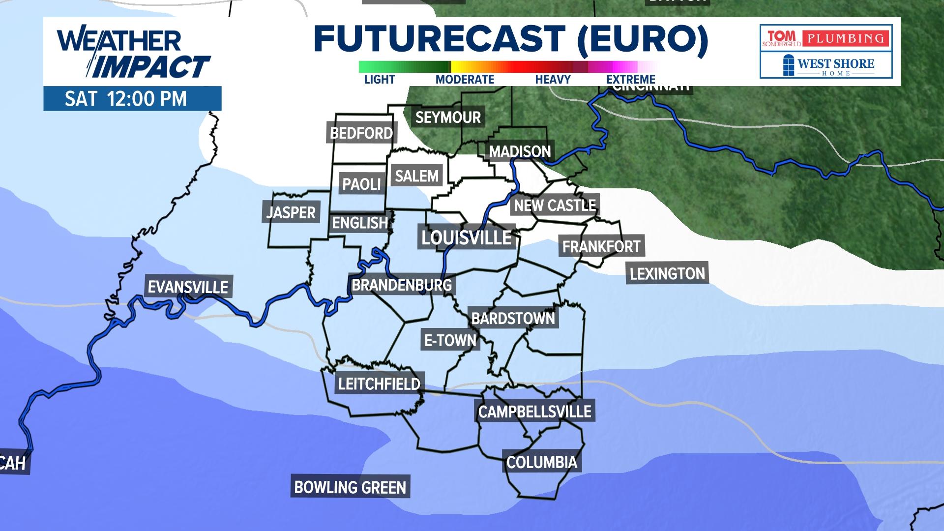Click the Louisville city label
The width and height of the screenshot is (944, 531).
coord(466,238)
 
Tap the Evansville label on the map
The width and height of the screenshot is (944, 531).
coord(188,287)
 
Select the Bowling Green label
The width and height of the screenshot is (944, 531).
coord(350,487)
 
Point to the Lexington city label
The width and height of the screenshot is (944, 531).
coord(667,273)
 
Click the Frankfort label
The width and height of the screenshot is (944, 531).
coord(601,246)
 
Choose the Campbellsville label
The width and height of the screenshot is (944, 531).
coord(534,412)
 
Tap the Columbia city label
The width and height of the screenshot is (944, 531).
coord(541,462)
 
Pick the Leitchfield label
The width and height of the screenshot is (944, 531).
coord(379,383)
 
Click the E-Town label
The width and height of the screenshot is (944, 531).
coord(450,340)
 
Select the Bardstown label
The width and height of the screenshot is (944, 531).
coord(513,319)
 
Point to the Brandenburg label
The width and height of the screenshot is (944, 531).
coord(402,285)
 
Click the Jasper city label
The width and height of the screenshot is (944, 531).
coord(291,212)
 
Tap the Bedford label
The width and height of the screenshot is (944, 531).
coord(361,133)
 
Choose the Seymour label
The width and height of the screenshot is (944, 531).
coord(448,117)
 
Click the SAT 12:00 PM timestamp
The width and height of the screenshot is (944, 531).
coord(126,99)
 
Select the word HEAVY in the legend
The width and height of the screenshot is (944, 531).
coord(553,79)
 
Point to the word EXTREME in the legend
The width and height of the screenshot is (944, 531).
coord(630,79)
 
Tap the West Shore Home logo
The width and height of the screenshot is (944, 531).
coord(826,65)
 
